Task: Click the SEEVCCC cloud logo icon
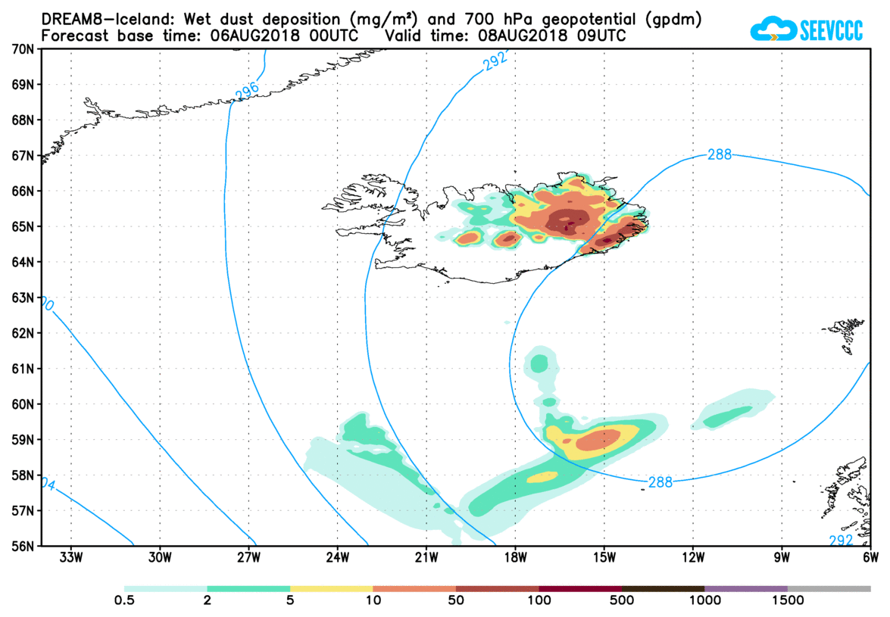pyautogui.click(x=773, y=30)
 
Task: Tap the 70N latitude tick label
pyautogui.click(x=23, y=49)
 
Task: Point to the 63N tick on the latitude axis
pyautogui.click(x=23, y=298)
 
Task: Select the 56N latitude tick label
pyautogui.click(x=23, y=546)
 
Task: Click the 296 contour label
pyautogui.click(x=247, y=91)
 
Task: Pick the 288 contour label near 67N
pyautogui.click(x=719, y=154)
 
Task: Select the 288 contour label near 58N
pyautogui.click(x=660, y=481)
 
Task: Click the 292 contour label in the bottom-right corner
pyautogui.click(x=841, y=540)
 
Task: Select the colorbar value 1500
pyautogui.click(x=788, y=600)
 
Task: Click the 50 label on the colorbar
pyautogui.click(x=456, y=600)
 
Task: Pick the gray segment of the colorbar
pyautogui.click(x=829, y=588)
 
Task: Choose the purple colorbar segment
pyautogui.click(x=746, y=588)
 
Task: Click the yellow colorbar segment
pyautogui.click(x=332, y=588)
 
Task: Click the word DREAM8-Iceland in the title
pyautogui.click(x=99, y=18)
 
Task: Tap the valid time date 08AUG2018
pyautogui.click(x=514, y=35)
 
